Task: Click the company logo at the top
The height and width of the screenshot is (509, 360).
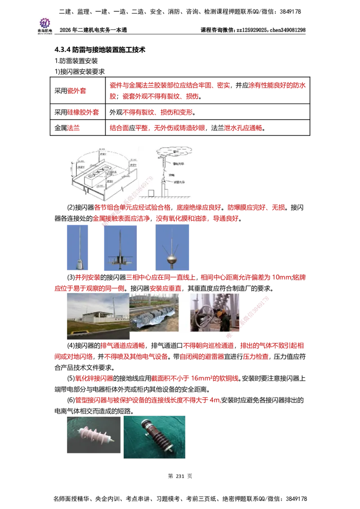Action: (45, 25)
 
